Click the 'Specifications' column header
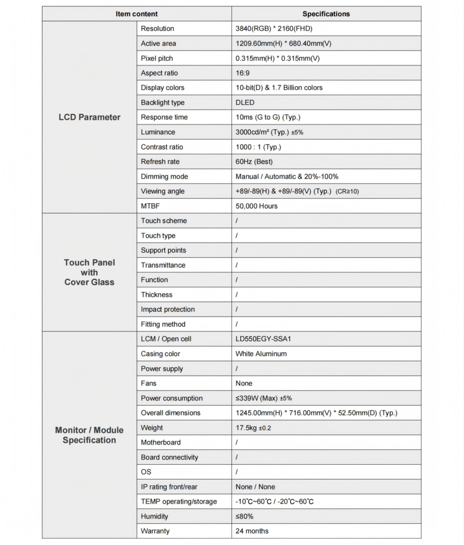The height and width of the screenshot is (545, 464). pyautogui.click(x=326, y=14)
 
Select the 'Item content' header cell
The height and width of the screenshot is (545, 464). pyautogui.click(x=137, y=14)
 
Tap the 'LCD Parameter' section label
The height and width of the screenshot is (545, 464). pyautogui.click(x=89, y=117)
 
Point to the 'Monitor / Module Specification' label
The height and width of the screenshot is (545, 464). pyautogui.click(x=89, y=435)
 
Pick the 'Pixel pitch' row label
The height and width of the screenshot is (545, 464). pyautogui.click(x=157, y=58)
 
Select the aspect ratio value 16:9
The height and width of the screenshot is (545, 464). pyautogui.click(x=243, y=73)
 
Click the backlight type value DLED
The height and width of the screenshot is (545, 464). pyautogui.click(x=245, y=103)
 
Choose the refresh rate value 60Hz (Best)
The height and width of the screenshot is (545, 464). pyautogui.click(x=254, y=162)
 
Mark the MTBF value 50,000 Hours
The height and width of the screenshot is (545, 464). pyautogui.click(x=257, y=206)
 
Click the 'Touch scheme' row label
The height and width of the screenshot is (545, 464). pyautogui.click(x=164, y=221)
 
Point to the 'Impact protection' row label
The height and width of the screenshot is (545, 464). pyautogui.click(x=168, y=309)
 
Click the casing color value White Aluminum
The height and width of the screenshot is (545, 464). pyautogui.click(x=261, y=354)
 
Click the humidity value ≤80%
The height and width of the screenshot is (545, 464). pyautogui.click(x=244, y=516)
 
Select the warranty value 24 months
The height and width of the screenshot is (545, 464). pyautogui.click(x=252, y=531)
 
